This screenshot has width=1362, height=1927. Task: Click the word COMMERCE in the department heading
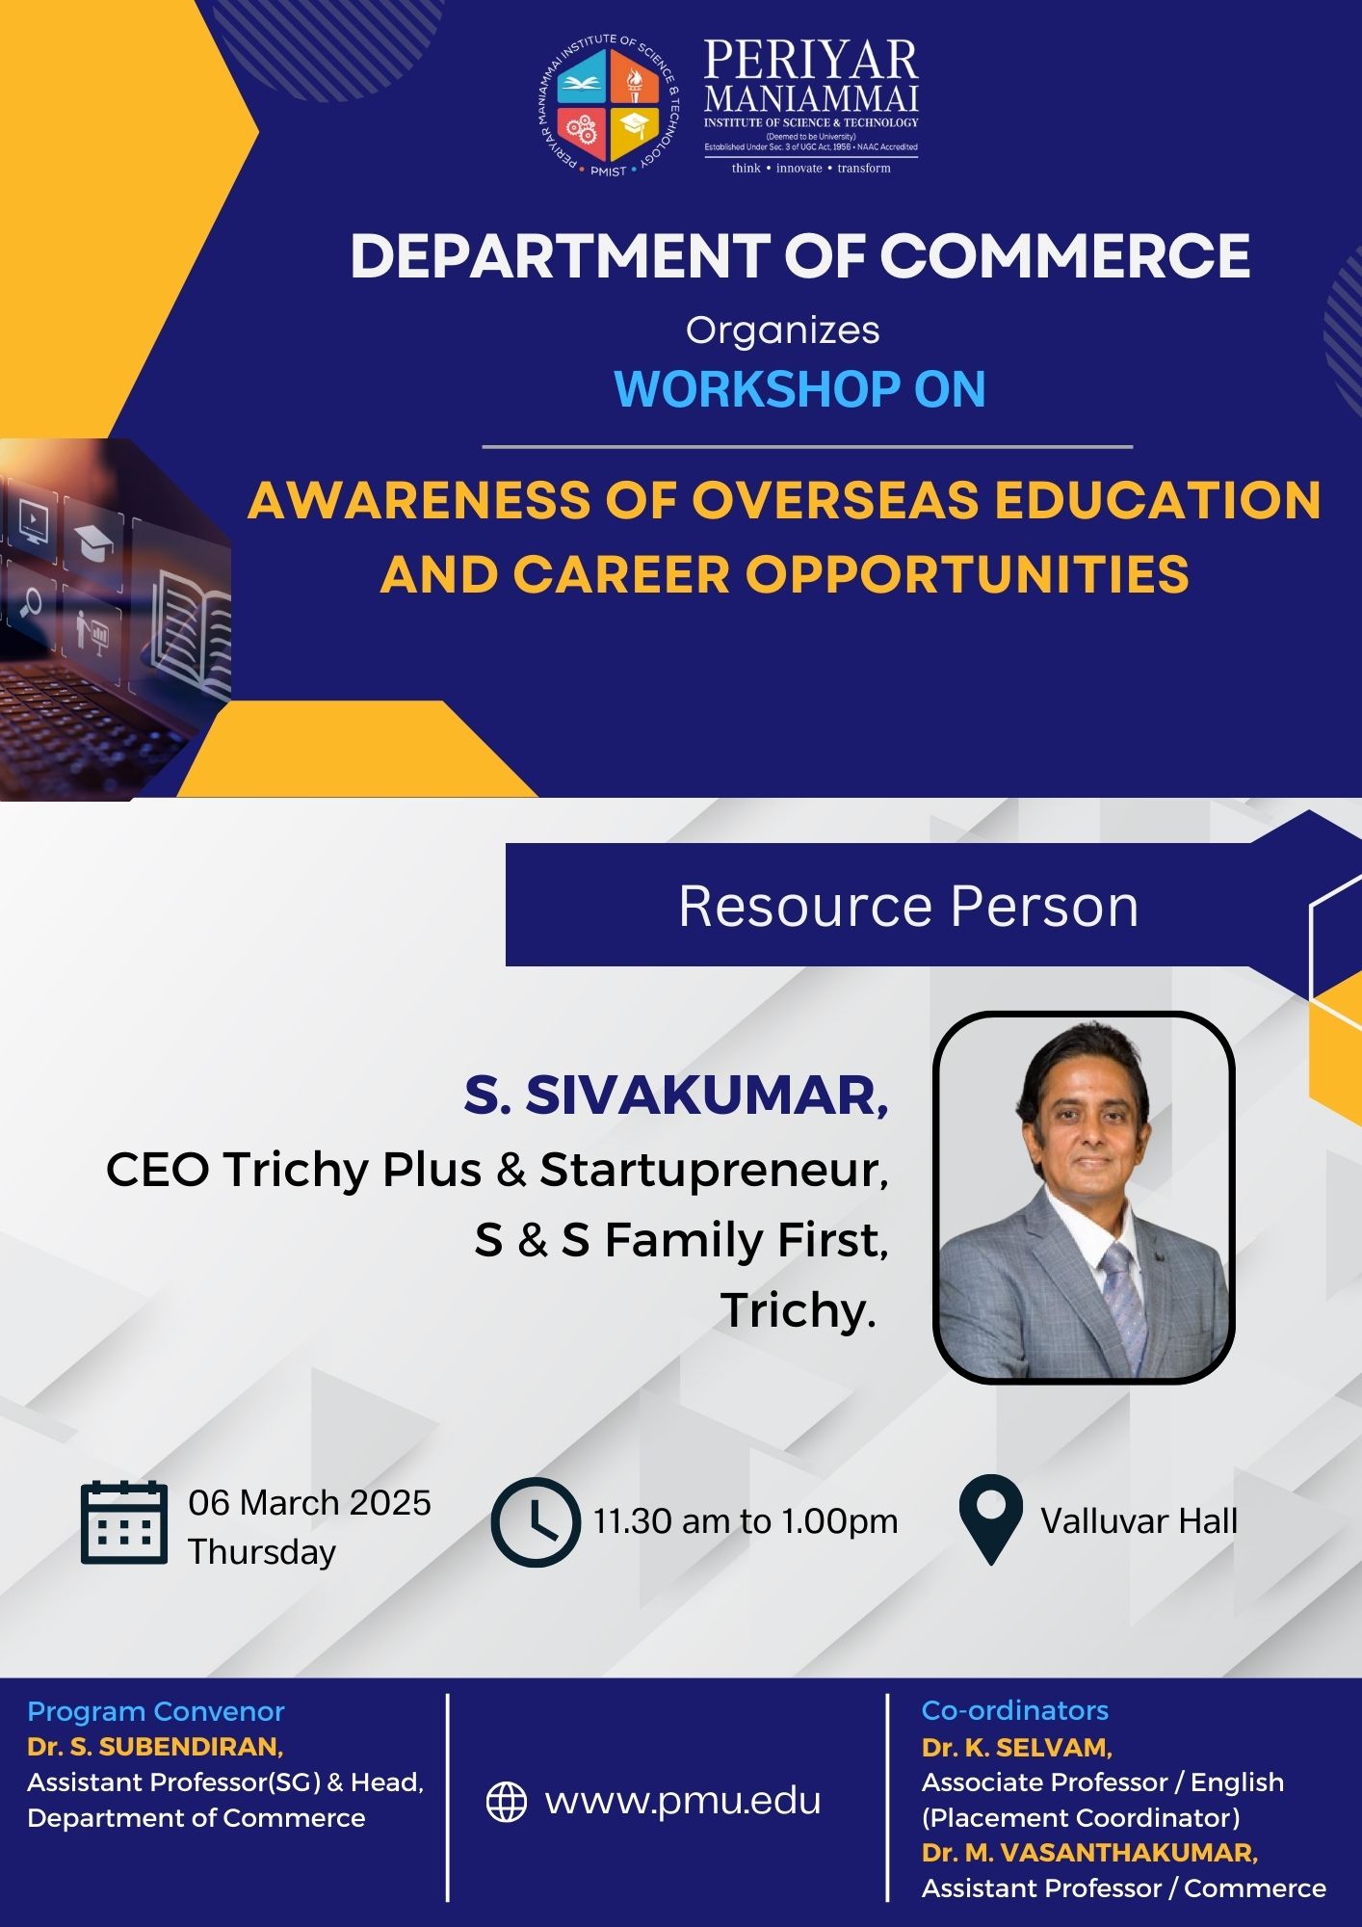[1064, 256]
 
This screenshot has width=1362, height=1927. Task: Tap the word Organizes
[782, 330]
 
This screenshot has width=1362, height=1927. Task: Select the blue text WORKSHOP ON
[799, 389]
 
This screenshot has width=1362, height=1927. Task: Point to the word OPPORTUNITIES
[967, 574]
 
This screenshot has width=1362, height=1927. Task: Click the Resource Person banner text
[908, 907]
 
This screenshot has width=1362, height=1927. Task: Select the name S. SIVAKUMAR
[675, 1095]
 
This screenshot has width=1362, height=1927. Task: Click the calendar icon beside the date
[123, 1522]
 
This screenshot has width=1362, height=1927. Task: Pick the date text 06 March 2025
[309, 1503]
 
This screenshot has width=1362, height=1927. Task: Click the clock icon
[536, 1522]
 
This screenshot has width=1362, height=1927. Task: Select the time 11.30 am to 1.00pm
[746, 1521]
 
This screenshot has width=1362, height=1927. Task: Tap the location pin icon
[990, 1519]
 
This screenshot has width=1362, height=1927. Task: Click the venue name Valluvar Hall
[1139, 1521]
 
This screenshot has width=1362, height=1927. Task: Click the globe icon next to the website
[507, 1802]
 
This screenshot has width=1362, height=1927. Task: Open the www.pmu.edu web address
[683, 1801]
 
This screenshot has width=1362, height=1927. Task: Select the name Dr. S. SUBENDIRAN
[155, 1747]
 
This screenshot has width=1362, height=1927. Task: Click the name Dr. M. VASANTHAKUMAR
[1089, 1853]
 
